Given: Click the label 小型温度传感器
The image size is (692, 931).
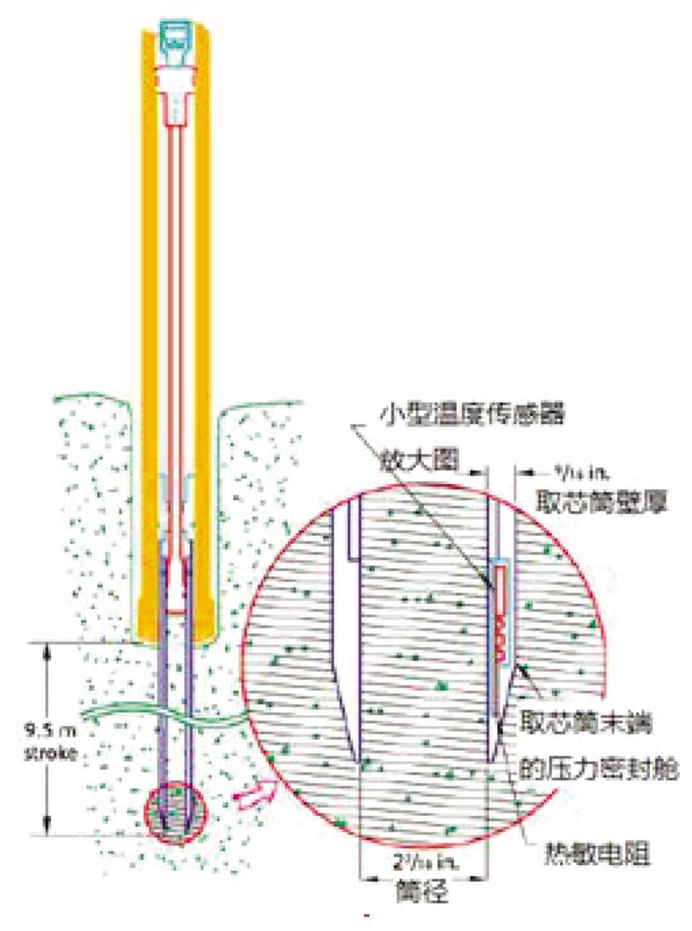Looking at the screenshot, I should tap(472, 414).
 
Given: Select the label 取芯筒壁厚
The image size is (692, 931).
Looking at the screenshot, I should tap(600, 502).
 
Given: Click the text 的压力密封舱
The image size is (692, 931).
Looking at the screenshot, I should tap(598, 768).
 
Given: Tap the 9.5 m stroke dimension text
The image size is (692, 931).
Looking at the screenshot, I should tap(49, 741).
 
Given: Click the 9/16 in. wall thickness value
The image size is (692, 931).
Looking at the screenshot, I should tap(580, 473).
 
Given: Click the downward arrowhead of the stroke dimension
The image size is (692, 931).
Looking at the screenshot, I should tap(46, 826).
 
